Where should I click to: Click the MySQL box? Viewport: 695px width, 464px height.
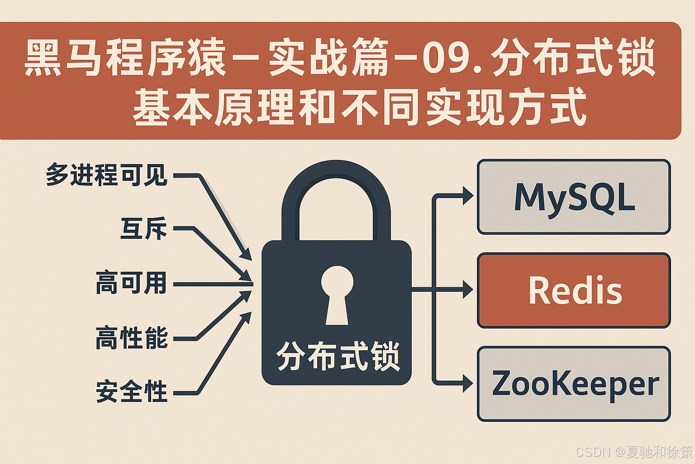574,197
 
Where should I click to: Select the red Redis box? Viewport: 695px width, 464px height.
574,290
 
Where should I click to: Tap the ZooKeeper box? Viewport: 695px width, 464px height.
574,384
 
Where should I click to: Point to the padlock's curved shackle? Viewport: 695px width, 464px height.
336,181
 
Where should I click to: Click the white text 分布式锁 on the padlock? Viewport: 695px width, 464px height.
338,357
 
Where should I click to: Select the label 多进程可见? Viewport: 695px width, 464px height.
107,175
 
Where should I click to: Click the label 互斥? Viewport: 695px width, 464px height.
143,228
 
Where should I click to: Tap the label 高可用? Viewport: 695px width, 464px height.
131,283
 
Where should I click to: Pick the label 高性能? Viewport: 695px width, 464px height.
131,338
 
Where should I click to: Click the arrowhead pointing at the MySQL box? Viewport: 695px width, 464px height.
467,196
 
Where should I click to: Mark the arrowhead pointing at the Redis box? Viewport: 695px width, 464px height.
467,290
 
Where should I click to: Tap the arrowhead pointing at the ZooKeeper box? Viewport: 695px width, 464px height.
467,384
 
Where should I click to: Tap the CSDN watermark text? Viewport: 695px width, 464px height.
633,451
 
